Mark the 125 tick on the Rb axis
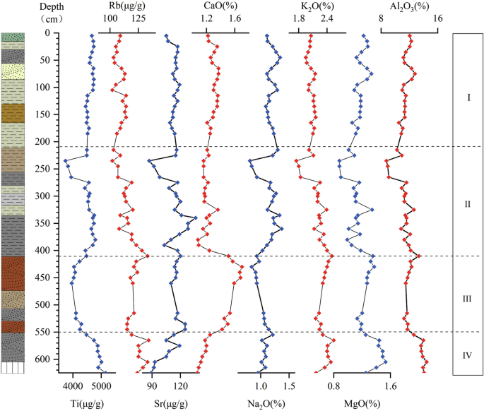tap(138, 18)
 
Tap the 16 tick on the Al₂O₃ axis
tap(438, 18)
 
